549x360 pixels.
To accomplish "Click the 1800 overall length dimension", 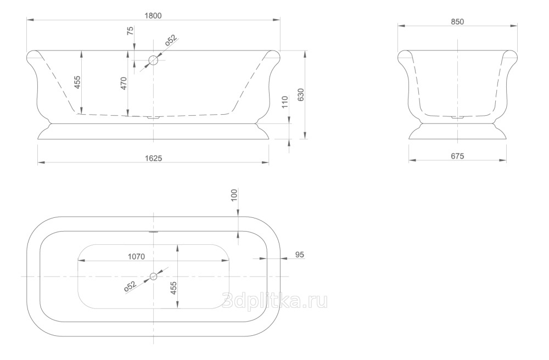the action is coord(153,16).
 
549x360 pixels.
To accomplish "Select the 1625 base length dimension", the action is coord(153,159).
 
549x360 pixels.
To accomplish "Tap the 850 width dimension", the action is coord(457,22).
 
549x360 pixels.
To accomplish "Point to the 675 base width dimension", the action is coord(457,156).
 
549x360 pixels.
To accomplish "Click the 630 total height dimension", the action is coord(301,94).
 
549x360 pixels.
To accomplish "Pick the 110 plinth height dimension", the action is coord(284,102).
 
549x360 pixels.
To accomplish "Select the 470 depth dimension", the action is coord(124,83).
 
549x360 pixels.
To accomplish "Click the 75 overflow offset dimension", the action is coord(130,31).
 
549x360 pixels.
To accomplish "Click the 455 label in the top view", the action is coord(173,288).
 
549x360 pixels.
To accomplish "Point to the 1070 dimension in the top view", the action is coord(136,257).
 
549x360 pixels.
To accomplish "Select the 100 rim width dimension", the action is coord(234,195).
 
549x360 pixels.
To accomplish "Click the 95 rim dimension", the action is coord(300,255).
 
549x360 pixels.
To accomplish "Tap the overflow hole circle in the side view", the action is coord(153,60).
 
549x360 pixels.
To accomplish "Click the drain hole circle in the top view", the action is coord(153,277).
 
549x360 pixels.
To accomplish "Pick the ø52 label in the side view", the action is coord(171,40).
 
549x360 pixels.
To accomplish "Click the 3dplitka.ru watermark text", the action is coord(275,300).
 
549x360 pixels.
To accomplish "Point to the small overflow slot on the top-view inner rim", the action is coord(153,231).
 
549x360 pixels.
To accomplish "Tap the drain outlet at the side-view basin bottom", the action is coord(153,117).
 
